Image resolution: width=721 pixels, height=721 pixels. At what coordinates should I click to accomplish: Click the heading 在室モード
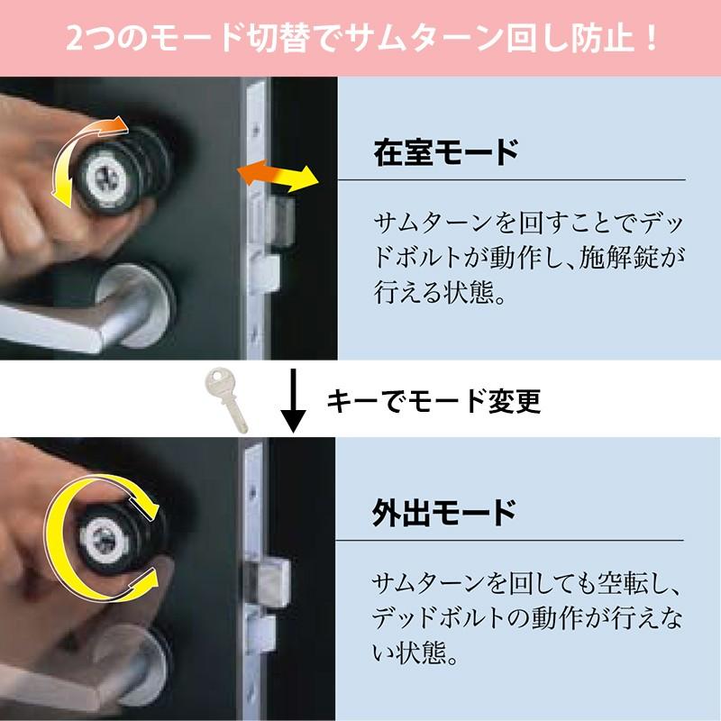tap(446, 152)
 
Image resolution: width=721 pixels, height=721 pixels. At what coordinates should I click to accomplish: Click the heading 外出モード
tap(444, 513)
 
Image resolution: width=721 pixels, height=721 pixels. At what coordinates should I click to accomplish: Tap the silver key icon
tap(225, 399)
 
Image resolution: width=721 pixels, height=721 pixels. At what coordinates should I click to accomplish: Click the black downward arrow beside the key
tap(292, 400)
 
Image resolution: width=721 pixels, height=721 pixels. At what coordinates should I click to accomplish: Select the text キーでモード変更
tap(434, 400)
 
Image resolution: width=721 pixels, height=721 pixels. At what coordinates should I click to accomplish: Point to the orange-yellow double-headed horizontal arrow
tap(278, 176)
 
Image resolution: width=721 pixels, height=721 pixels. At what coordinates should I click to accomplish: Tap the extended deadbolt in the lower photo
tap(268, 581)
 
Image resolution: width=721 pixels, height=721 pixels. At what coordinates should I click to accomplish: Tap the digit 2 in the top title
tap(76, 40)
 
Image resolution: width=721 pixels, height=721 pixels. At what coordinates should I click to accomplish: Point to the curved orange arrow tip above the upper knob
tap(121, 123)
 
